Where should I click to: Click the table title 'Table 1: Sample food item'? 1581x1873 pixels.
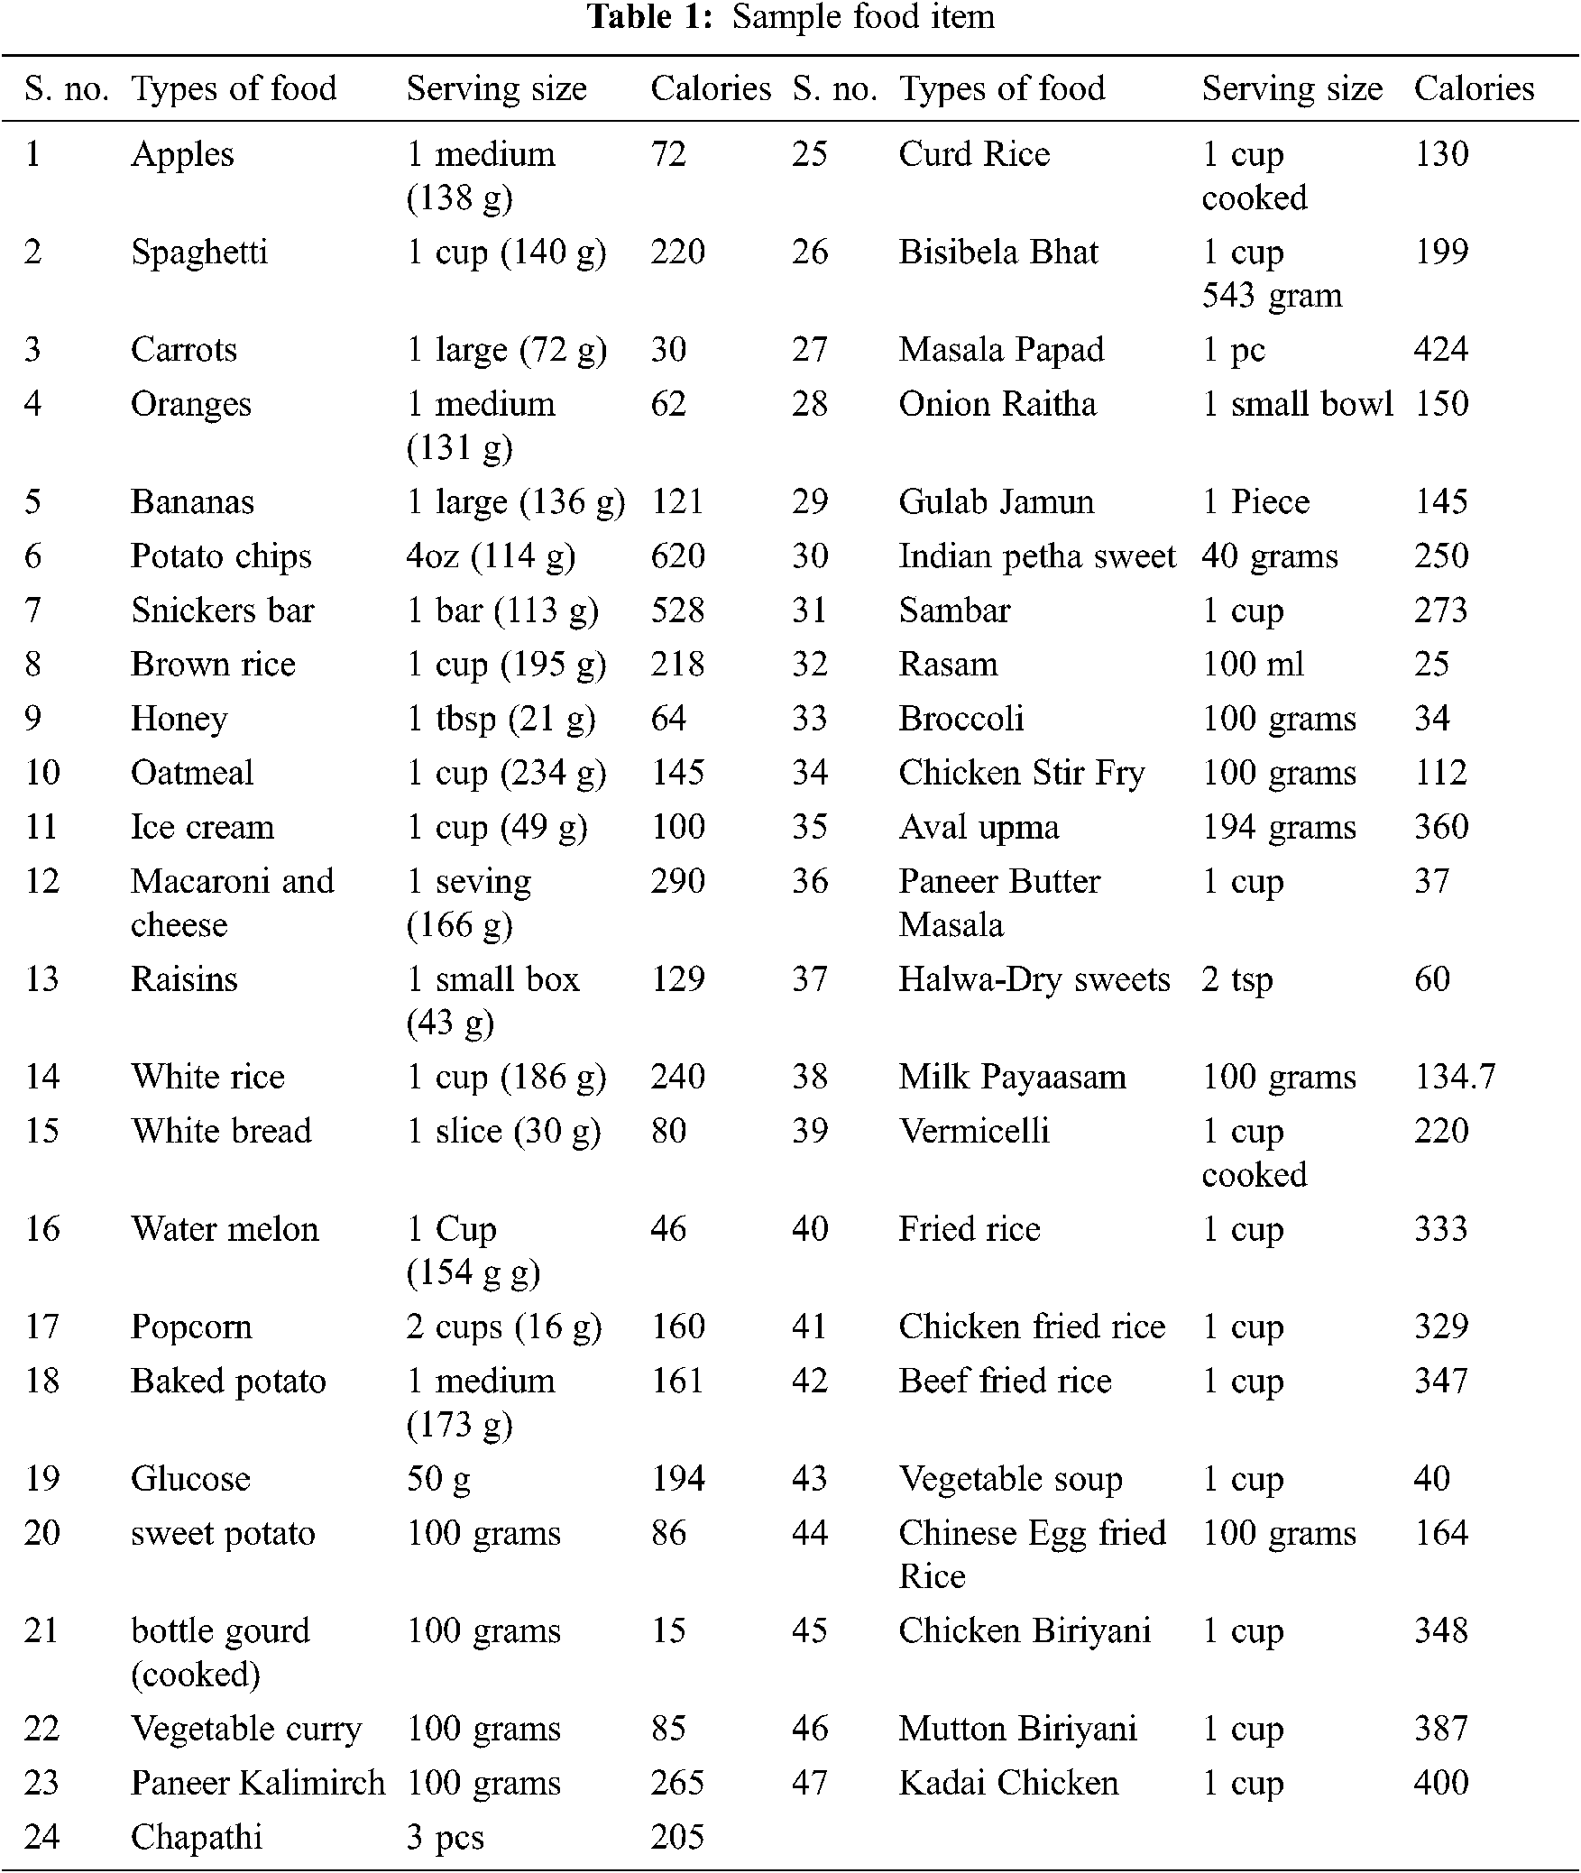coord(791,17)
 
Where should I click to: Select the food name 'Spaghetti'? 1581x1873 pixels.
coord(199,252)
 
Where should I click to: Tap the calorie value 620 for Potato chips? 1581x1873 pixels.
coord(677,556)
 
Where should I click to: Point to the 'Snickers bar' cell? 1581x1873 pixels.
coord(222,611)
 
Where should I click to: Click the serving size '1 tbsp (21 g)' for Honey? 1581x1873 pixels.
coord(501,719)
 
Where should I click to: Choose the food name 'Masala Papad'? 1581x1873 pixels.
coord(1001,350)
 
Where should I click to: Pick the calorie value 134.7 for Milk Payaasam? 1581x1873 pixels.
coord(1454,1077)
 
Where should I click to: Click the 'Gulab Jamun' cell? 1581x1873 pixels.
coord(996,501)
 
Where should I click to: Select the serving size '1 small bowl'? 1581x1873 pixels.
coord(1298,404)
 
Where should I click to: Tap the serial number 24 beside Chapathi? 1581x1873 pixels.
coord(41,1837)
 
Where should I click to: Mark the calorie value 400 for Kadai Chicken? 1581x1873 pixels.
coord(1441,1783)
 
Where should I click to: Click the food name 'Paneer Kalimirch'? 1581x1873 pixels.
coord(258,1783)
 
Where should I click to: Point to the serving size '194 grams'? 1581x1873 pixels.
coord(1279,827)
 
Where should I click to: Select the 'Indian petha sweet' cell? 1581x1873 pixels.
coord(1037,556)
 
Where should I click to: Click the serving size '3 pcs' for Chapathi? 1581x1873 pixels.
coord(445,1837)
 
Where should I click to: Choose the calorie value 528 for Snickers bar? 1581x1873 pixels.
coord(677,611)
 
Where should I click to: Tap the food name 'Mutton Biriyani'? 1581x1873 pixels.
coord(1017,1729)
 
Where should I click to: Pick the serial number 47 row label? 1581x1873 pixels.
coord(810,1783)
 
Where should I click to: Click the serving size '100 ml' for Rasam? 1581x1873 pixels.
coord(1253,665)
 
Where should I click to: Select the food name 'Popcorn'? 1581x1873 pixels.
coord(191,1327)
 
